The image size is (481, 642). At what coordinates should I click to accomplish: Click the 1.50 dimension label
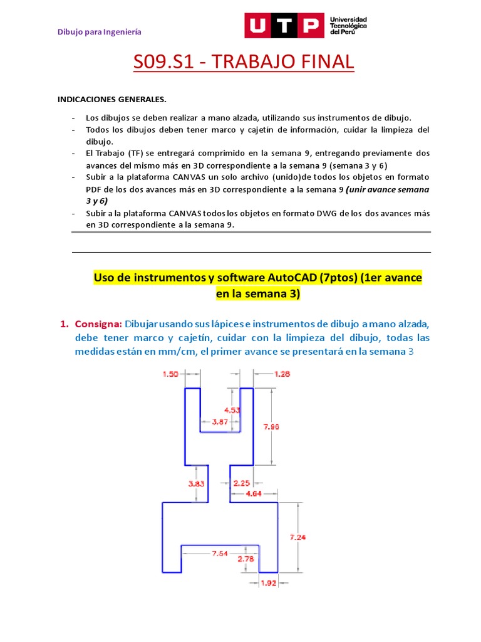click(171, 374)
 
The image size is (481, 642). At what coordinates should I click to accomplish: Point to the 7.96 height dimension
click(271, 426)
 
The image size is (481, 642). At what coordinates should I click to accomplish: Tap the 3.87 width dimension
click(219, 422)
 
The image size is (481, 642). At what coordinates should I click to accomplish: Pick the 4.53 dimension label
click(233, 410)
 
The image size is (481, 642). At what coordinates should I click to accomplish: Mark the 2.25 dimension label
click(242, 483)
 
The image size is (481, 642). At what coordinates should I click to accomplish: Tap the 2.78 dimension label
click(246, 559)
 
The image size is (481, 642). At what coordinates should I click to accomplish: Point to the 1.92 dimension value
click(268, 583)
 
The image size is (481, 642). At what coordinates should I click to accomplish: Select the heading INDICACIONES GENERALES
click(112, 100)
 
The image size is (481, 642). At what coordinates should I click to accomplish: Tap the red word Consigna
click(98, 324)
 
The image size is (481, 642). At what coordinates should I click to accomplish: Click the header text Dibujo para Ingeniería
click(100, 31)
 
